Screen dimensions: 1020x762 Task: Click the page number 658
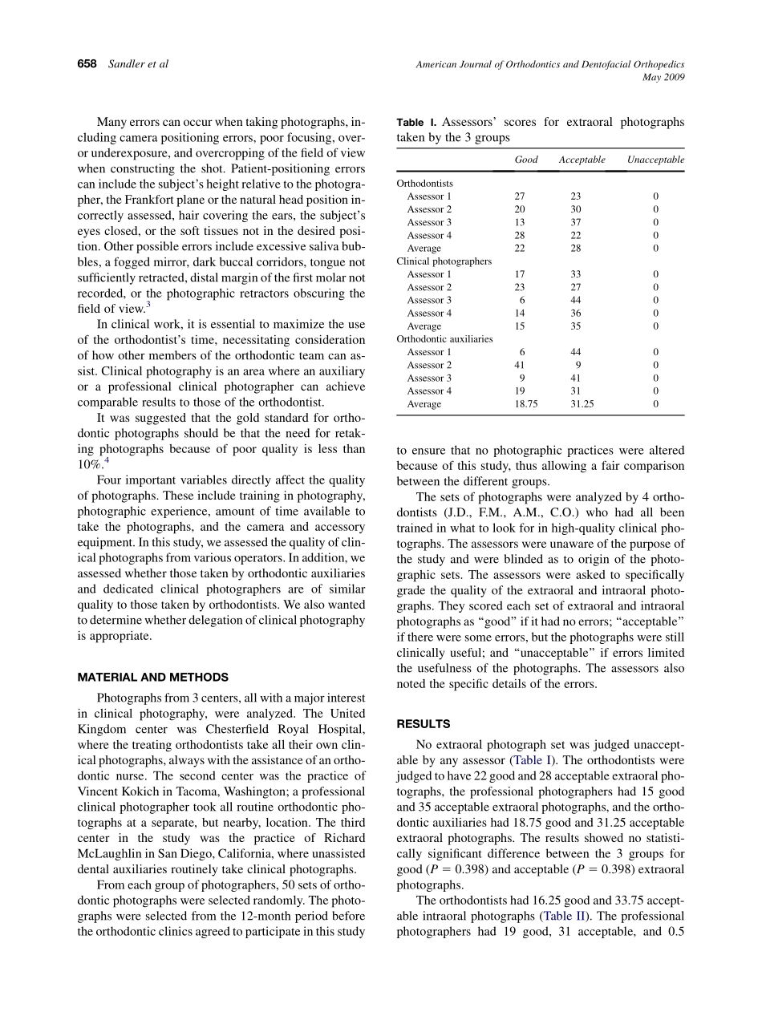[87, 64]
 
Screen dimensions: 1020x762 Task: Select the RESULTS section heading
[423, 724]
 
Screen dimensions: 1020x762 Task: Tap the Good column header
[526, 160]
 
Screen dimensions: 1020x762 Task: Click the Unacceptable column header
[655, 160]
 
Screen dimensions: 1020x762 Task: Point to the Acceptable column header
[582, 160]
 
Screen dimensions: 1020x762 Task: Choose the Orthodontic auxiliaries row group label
[444, 339]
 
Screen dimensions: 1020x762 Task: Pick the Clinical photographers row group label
[444, 261]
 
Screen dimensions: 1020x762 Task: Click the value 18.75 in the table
[525, 404]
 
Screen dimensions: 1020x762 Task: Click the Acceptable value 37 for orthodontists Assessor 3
[576, 222]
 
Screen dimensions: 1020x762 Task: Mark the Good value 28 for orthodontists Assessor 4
[519, 235]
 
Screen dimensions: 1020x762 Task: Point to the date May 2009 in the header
[664, 78]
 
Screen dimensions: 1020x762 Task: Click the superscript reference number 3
[148, 304]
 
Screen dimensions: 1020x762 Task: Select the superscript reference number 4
[107, 459]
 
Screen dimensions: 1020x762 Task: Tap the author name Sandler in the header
[128, 64]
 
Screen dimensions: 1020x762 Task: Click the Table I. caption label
[416, 123]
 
